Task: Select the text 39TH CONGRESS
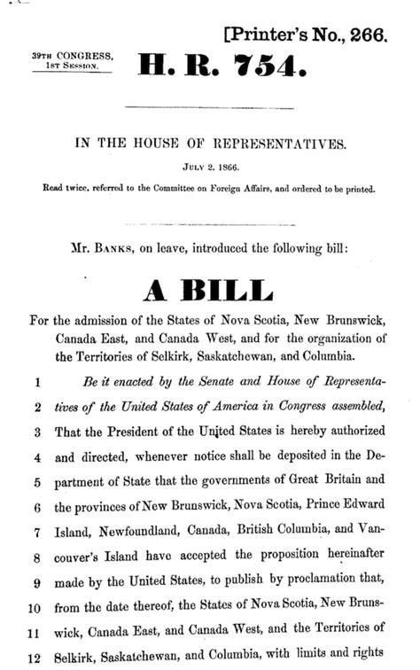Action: (x=73, y=55)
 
